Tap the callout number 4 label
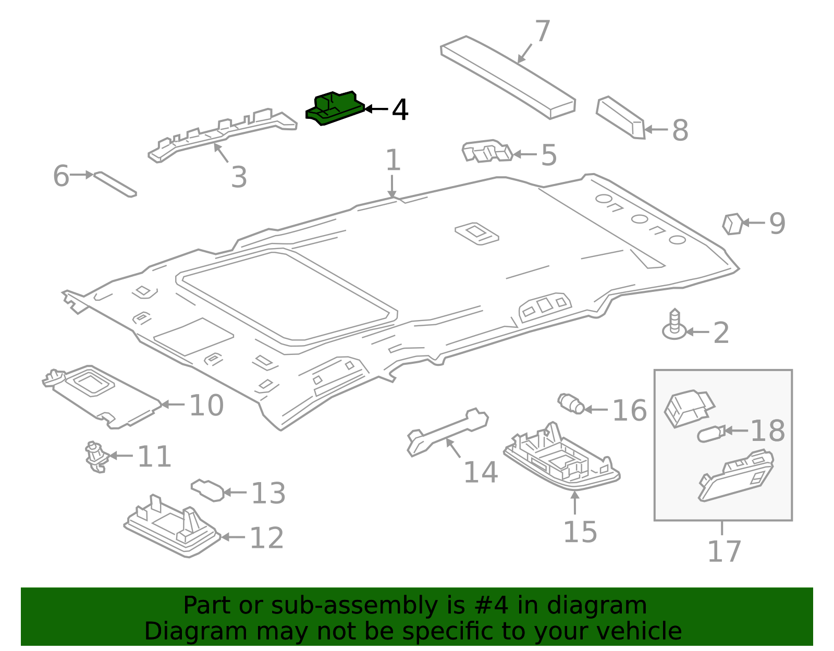(x=400, y=110)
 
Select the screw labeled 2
(x=674, y=325)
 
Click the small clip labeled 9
(x=732, y=224)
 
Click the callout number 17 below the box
(x=723, y=552)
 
